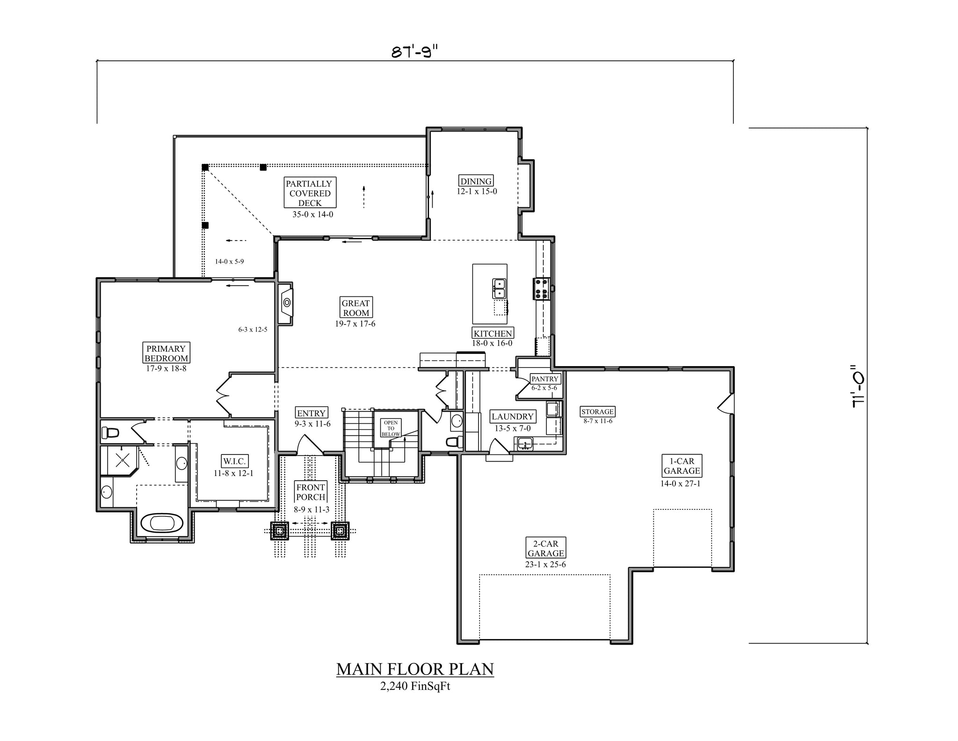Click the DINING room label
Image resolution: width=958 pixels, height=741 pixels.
(x=476, y=181)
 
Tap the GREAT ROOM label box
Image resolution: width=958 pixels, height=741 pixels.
(x=356, y=308)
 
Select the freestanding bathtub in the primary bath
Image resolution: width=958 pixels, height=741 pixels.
(x=162, y=523)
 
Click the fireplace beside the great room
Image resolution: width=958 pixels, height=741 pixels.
(x=286, y=303)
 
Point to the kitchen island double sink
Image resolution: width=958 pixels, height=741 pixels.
(x=499, y=288)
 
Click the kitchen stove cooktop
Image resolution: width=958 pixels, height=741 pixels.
(x=542, y=289)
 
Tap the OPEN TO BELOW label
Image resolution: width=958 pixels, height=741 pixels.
(x=391, y=428)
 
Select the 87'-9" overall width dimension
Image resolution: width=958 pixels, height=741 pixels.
(x=414, y=52)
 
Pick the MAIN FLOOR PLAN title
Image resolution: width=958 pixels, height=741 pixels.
(x=415, y=669)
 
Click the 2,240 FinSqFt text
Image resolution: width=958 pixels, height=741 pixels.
(x=415, y=687)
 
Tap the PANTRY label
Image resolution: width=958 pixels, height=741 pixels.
(x=545, y=379)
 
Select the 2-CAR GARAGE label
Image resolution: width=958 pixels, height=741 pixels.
(x=546, y=548)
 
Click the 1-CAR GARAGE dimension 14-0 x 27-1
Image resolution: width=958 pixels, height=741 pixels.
(x=680, y=484)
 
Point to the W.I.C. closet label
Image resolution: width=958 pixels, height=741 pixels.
(x=233, y=461)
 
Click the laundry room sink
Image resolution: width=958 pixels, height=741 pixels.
(x=525, y=443)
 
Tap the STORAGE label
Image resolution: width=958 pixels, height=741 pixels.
(x=597, y=411)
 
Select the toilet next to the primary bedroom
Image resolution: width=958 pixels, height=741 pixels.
(x=110, y=432)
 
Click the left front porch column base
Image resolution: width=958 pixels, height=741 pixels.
(x=279, y=531)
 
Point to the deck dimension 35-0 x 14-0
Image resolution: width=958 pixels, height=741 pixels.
(x=310, y=214)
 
